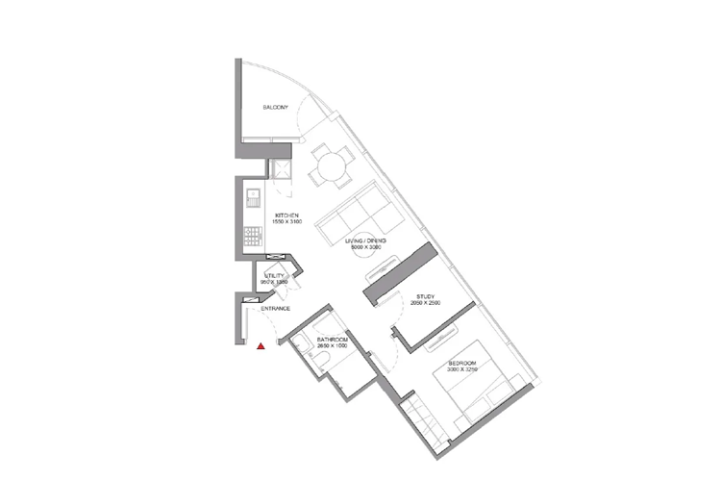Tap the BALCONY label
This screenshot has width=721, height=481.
tap(276, 108)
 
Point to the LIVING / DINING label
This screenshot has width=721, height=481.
tap(365, 240)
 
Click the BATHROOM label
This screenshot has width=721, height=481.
tap(331, 342)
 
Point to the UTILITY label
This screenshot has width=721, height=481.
tap(276, 276)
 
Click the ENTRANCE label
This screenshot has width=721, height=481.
tap(275, 308)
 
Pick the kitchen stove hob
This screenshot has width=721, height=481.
tap(254, 234)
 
